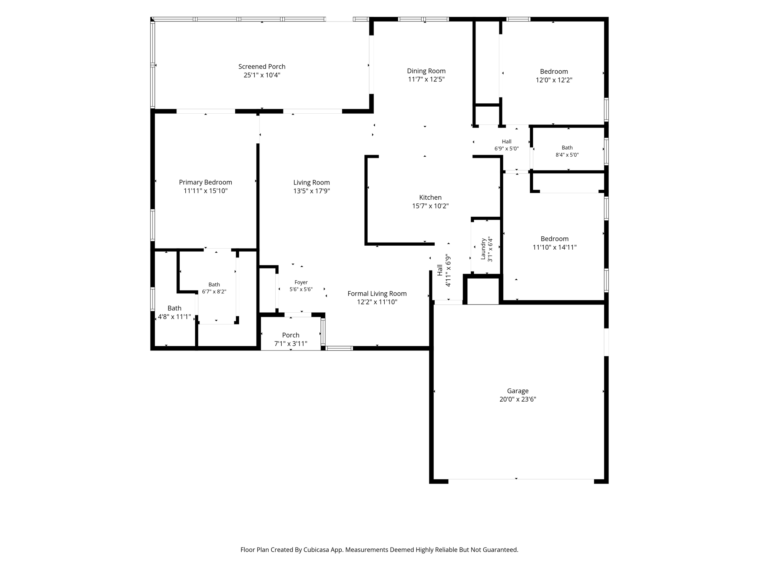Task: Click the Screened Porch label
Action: click(x=262, y=67)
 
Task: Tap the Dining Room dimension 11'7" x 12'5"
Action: click(x=426, y=79)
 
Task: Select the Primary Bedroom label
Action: click(x=205, y=182)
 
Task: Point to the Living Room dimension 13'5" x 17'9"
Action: click(x=311, y=191)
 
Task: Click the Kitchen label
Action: click(x=430, y=197)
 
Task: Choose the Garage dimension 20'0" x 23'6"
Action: click(x=518, y=399)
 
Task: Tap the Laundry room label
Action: click(x=483, y=249)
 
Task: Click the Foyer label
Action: click(x=301, y=282)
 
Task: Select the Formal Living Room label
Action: click(x=377, y=294)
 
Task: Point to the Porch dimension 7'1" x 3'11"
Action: click(x=291, y=344)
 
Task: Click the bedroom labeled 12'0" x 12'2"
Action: click(x=554, y=71)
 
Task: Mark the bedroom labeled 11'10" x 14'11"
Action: click(x=554, y=239)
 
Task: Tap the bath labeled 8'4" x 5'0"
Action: click(x=567, y=148)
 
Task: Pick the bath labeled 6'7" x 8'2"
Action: click(x=214, y=284)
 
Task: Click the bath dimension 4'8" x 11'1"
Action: click(x=175, y=317)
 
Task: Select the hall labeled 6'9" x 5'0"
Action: click(x=507, y=142)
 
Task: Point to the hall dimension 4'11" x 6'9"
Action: click(x=448, y=270)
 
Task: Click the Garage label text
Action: click(x=518, y=391)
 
